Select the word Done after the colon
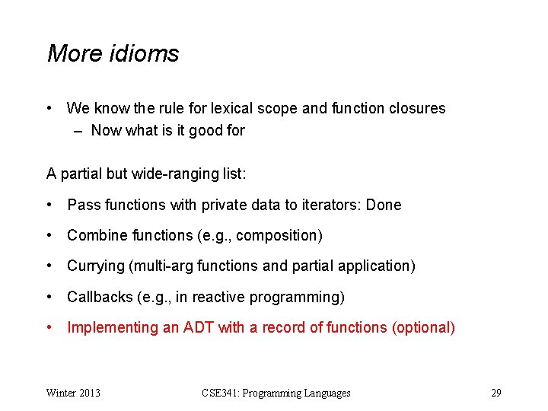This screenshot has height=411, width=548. [x=384, y=205]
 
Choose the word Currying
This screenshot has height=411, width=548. [x=95, y=266]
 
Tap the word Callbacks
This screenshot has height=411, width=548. [x=97, y=297]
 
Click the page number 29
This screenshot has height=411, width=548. [x=496, y=393]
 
